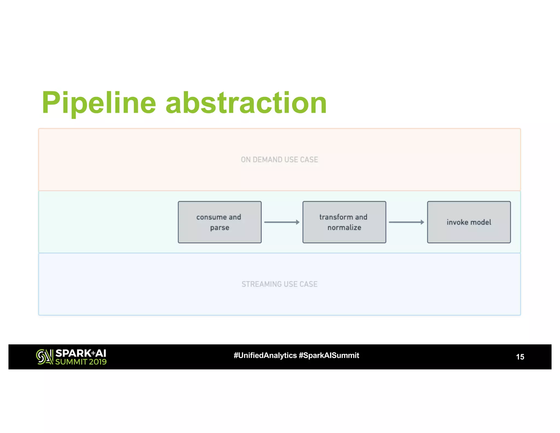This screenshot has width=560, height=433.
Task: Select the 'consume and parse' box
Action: (220, 222)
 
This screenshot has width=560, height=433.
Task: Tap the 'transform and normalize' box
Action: (344, 222)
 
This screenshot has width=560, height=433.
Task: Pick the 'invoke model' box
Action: (469, 222)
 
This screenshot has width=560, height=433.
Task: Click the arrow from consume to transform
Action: (282, 222)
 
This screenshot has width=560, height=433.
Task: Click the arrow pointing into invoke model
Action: (406, 222)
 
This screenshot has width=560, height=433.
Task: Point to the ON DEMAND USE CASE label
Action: (279, 160)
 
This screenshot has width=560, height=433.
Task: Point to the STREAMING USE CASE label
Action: (279, 284)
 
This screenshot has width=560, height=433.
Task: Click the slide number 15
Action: (520, 357)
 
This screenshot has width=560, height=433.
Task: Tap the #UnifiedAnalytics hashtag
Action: (265, 355)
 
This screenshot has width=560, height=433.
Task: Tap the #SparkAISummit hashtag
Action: (329, 355)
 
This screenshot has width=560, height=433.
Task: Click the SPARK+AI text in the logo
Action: (81, 353)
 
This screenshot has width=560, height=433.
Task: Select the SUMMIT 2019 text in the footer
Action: (81, 362)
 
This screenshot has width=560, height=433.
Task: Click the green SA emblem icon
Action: (44, 357)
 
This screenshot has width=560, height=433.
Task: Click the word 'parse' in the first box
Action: (220, 228)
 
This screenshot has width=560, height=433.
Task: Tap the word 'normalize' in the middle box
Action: (344, 227)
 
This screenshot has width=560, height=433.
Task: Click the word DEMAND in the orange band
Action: (267, 160)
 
